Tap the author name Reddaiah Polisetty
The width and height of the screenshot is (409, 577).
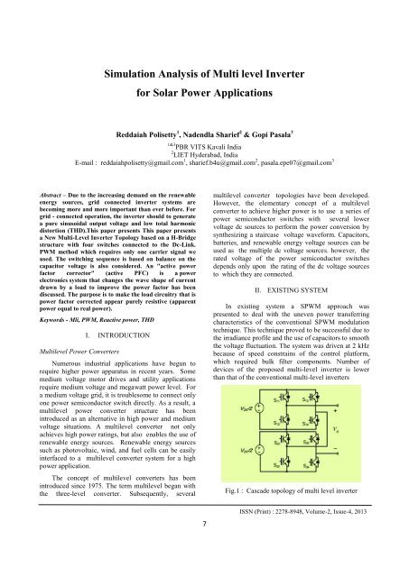(156, 133)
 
